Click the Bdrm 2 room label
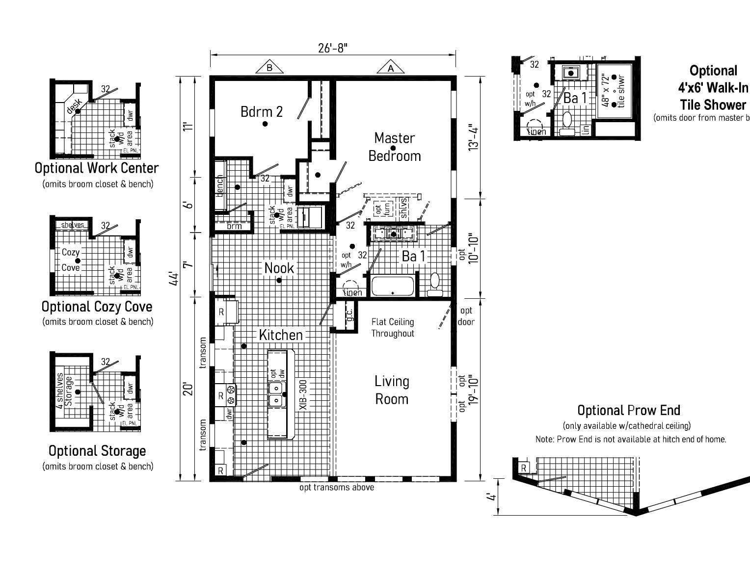[x=262, y=112]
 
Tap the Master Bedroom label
[x=394, y=147]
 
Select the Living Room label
[x=392, y=390]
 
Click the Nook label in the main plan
[x=279, y=268]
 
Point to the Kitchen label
[x=280, y=335]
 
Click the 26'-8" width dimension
[x=333, y=48]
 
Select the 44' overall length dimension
[x=173, y=278]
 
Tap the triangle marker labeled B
[x=269, y=68]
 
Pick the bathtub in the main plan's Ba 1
[x=393, y=287]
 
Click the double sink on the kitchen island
[x=277, y=393]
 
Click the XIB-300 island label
[x=303, y=395]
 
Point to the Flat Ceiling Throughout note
[x=392, y=328]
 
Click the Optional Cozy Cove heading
[x=97, y=307]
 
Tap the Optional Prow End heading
[x=628, y=410]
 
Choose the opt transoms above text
[x=337, y=488]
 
